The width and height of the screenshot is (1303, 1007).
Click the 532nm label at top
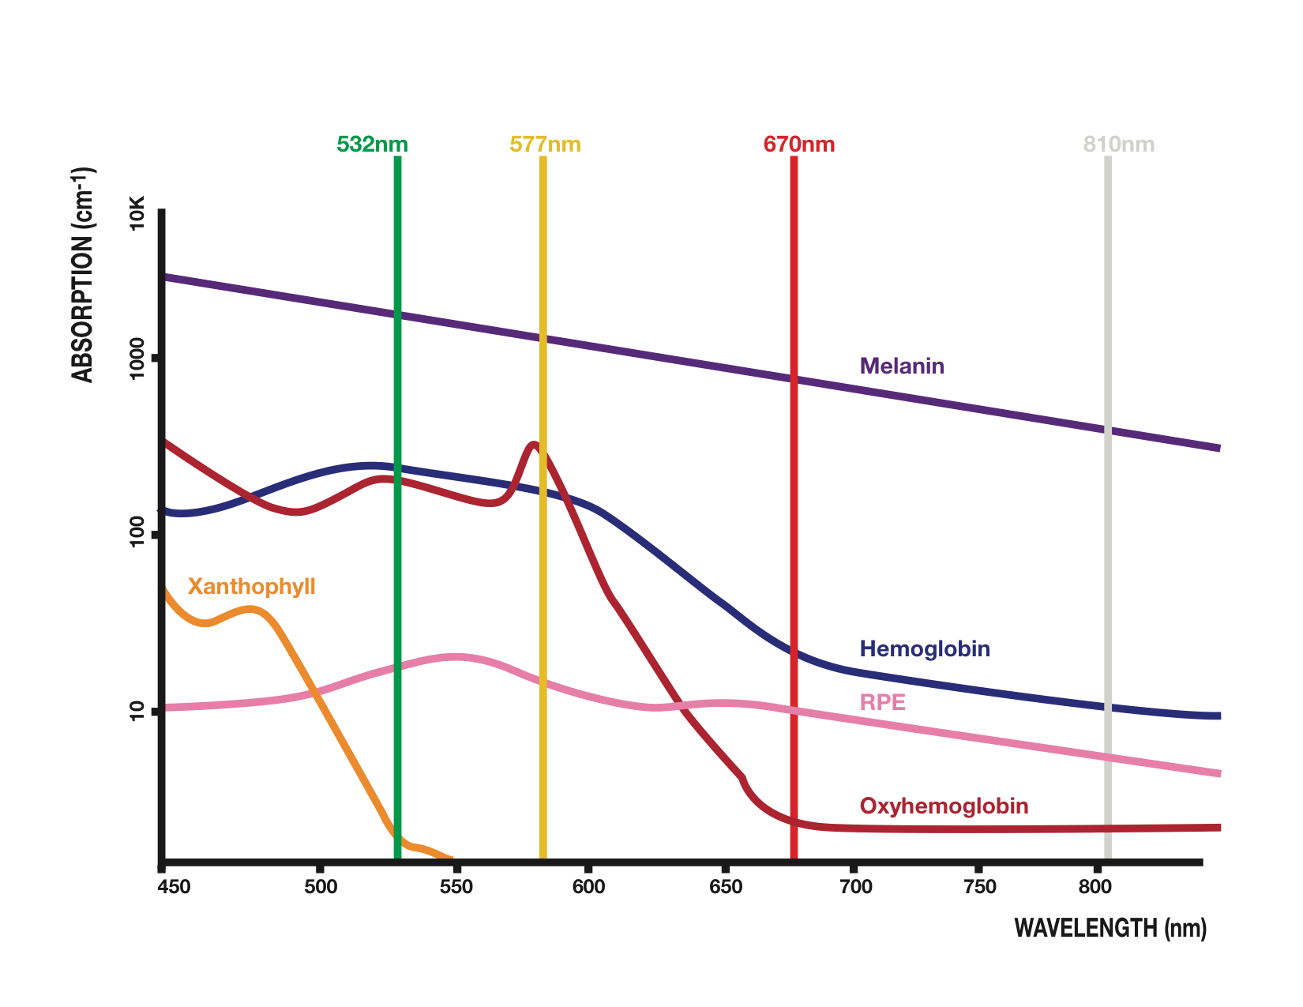click(372, 145)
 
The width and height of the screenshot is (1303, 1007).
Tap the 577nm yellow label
click(545, 145)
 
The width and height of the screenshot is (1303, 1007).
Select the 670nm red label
click(798, 145)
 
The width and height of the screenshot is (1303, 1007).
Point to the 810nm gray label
click(1118, 145)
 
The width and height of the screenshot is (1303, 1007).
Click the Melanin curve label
click(902, 366)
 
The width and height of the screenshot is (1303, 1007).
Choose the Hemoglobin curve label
click(925, 649)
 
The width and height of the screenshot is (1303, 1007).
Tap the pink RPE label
click(882, 702)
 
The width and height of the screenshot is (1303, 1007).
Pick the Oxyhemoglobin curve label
click(944, 806)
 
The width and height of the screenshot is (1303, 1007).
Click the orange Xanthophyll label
click(251, 587)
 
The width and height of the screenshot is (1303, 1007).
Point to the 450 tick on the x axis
click(175, 887)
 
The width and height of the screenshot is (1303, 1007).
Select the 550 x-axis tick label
click(456, 887)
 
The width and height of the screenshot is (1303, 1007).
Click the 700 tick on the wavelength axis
click(855, 887)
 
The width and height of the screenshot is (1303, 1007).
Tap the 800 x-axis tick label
click(1095, 887)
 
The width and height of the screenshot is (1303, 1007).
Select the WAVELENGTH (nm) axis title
click(1110, 928)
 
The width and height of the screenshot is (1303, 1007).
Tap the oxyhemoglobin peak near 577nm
click(535, 445)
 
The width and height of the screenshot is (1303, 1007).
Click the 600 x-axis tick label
click(588, 887)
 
